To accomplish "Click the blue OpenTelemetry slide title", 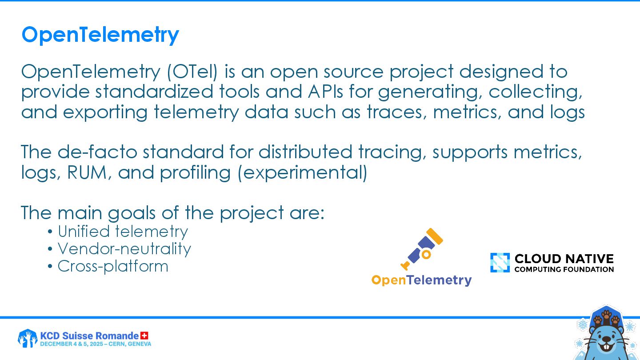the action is (x=100, y=35).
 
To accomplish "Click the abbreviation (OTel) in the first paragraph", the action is (x=192, y=72).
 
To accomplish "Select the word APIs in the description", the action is (x=325, y=92).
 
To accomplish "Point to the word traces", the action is (x=397, y=112).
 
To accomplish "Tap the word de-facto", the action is (x=97, y=152).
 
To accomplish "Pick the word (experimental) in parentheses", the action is (x=303, y=173).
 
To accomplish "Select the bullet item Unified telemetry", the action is (x=123, y=232).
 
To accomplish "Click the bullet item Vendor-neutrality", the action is (x=124, y=249).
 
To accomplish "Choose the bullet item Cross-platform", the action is (x=113, y=266).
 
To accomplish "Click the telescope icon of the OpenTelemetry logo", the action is (x=422, y=249).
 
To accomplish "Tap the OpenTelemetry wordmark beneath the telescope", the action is (x=421, y=280).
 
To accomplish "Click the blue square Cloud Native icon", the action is (x=500, y=263).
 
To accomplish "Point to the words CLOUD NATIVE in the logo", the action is (x=564, y=259).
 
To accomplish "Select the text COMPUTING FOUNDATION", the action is (x=564, y=269).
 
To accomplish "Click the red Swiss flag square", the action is (x=144, y=336).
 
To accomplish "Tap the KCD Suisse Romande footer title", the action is (x=89, y=336).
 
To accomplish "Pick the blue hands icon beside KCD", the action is (x=28, y=338).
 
